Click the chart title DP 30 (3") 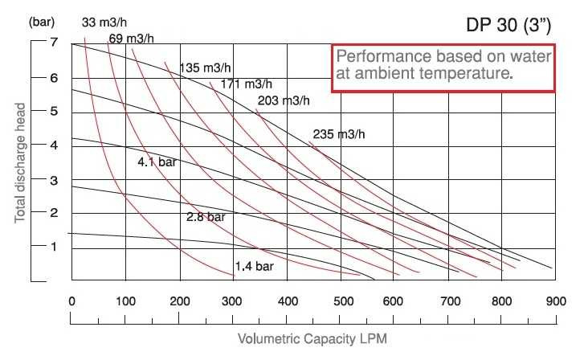(x=508, y=26)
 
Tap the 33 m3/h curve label (x=104, y=22)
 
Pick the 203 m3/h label (x=283, y=100)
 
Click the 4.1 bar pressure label (x=157, y=162)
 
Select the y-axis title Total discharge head (x=19, y=163)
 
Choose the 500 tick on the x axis (x=339, y=301)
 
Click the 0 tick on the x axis (x=71, y=301)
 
